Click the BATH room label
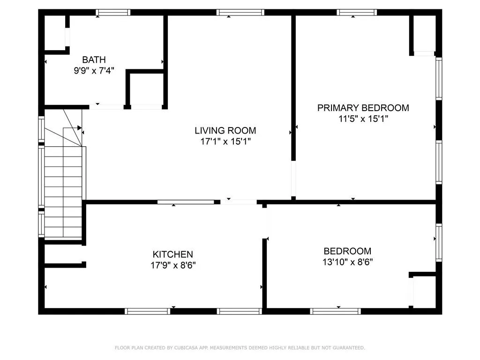94,60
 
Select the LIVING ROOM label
225,130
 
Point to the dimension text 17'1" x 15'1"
225,142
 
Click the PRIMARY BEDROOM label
363,108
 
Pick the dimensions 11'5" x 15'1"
363,119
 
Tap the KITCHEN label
172,254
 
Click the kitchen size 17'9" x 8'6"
172,265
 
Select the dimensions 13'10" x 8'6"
347,262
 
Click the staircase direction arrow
79,127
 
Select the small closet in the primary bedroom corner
425,34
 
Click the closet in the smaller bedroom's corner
424,292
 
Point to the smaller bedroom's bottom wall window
335,311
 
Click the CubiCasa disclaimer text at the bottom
240,348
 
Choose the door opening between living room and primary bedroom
293,179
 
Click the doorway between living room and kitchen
239,202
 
